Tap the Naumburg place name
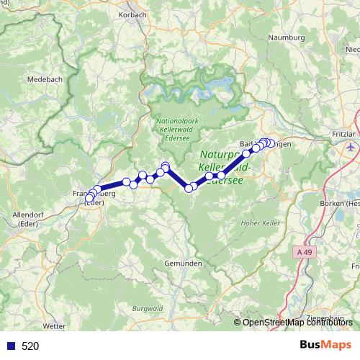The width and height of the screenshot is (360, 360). pos(286,37)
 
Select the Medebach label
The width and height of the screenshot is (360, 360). pos(42,80)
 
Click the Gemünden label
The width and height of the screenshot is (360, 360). pos(182,264)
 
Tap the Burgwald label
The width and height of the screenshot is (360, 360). pos(147,309)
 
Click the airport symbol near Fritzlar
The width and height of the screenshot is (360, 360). pos(351,147)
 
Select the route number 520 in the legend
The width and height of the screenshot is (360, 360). pos(30,346)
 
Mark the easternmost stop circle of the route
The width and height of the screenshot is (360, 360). pos(271,143)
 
